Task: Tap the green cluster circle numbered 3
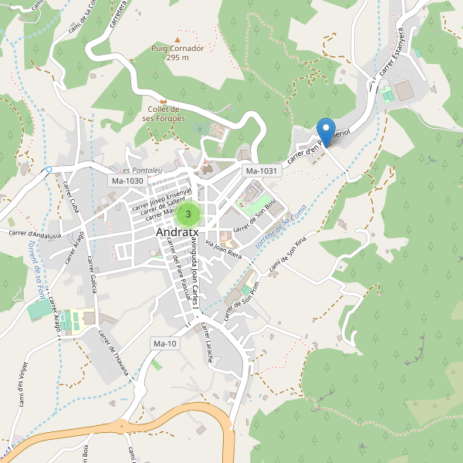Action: (x=188, y=214)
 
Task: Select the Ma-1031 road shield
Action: (x=260, y=171)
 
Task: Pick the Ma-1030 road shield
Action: (x=127, y=181)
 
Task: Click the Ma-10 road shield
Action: (x=165, y=343)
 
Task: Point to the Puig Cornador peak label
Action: (x=177, y=52)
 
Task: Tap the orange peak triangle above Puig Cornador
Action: (x=177, y=39)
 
